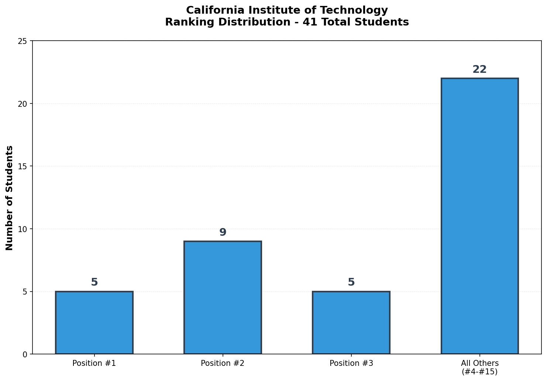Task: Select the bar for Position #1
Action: point(94,323)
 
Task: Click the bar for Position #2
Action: point(223,297)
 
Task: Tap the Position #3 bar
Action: point(351,323)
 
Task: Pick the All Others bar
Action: point(479,216)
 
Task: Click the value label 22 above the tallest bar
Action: point(479,69)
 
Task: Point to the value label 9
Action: point(223,232)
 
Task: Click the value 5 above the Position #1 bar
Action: point(94,282)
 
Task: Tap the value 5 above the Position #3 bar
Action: point(351,282)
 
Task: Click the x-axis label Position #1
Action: point(94,363)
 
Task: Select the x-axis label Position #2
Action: point(223,363)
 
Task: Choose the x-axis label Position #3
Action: point(351,363)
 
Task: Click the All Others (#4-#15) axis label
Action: point(479,367)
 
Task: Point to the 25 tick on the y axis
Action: point(23,41)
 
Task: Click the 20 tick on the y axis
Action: point(23,103)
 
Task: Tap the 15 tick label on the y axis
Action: point(23,166)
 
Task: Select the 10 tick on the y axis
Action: point(23,229)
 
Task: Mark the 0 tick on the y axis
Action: point(25,354)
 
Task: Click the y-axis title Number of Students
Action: point(10,198)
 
